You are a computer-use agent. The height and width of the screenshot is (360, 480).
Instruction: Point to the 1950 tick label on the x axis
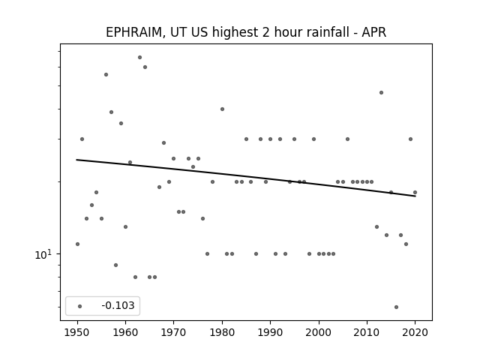[x=77, y=332]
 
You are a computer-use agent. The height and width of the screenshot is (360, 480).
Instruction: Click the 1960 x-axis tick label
[x=125, y=332]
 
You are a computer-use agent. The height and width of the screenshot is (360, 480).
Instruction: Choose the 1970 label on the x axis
[x=173, y=332]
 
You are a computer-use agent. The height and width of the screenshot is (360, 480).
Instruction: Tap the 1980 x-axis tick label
[x=222, y=332]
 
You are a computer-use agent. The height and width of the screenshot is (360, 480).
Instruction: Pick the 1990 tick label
[x=270, y=332]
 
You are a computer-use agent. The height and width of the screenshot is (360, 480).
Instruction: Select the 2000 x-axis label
[x=319, y=332]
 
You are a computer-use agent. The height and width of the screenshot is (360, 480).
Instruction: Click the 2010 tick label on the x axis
[x=367, y=332]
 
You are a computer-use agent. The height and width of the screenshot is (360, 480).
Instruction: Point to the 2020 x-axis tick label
[x=415, y=332]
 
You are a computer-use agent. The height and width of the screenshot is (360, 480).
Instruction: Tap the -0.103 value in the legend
[x=118, y=305]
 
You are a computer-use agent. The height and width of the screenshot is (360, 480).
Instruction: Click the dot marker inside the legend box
[x=80, y=306]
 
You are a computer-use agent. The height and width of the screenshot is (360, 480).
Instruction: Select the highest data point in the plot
[x=140, y=57]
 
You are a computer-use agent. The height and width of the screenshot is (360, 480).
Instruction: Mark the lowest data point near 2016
[x=397, y=307]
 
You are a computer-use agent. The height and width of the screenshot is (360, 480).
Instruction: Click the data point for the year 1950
[x=77, y=244]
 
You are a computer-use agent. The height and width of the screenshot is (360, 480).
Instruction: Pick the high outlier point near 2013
[x=381, y=92]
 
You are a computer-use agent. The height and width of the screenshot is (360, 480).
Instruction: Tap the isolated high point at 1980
[x=222, y=109]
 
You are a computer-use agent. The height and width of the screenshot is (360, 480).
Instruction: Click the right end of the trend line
[x=415, y=196]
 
